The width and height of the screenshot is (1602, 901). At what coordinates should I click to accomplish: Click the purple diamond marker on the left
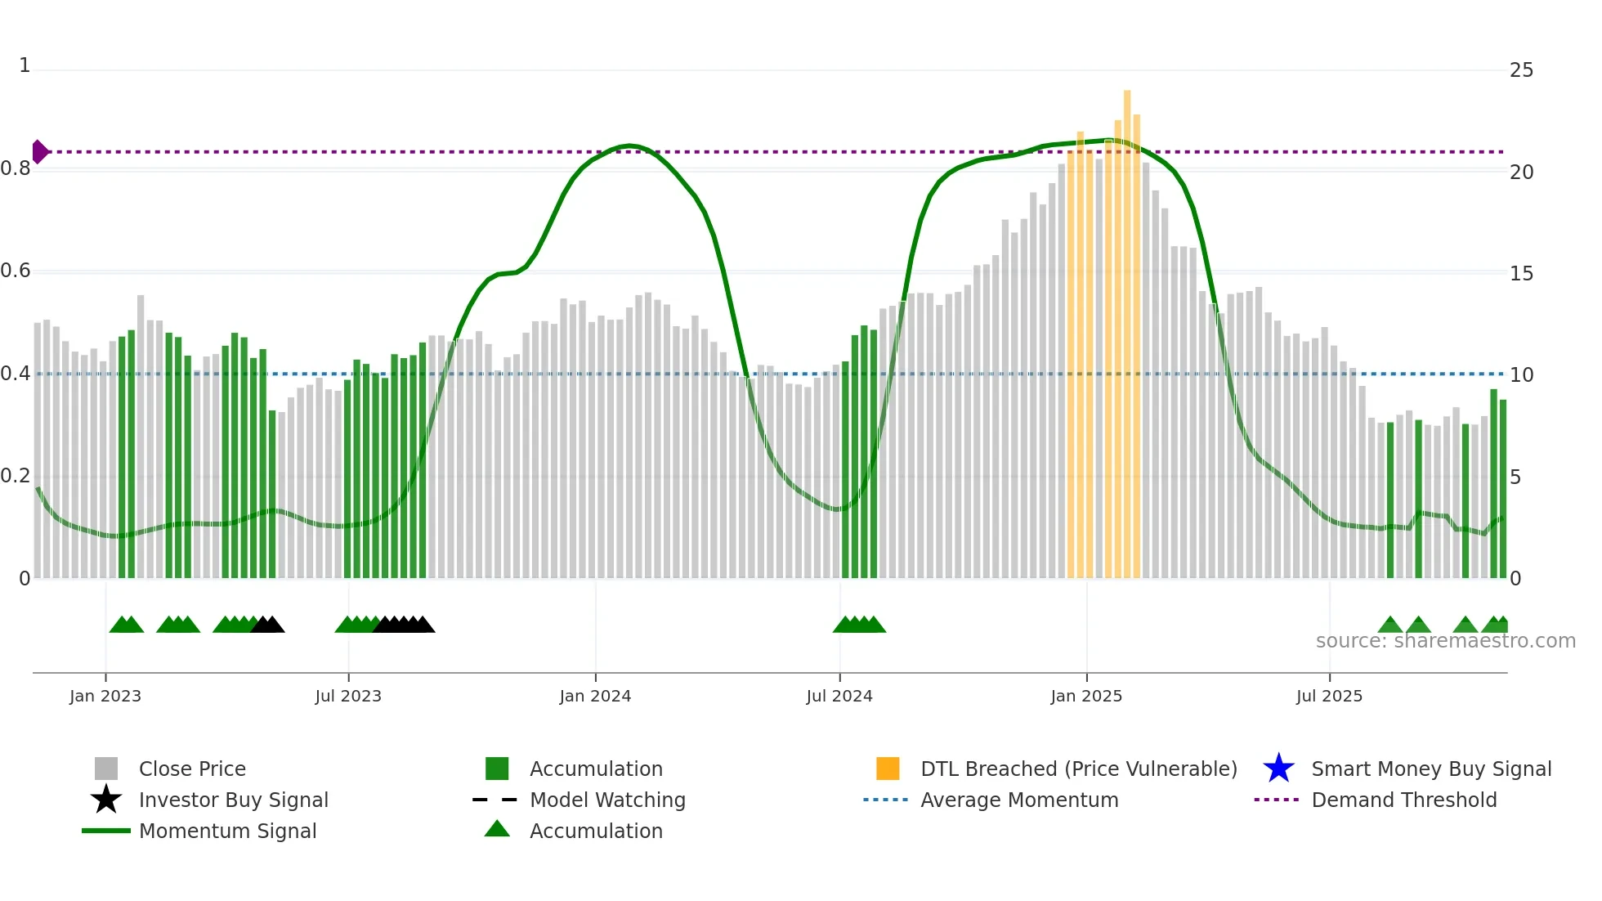point(39,152)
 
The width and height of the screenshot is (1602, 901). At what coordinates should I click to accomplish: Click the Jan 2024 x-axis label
point(595,697)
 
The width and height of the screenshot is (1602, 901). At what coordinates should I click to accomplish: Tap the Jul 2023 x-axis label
point(348,697)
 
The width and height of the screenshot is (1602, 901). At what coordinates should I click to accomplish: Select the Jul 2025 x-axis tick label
point(1329,697)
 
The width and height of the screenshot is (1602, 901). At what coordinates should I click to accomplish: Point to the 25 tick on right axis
point(1521,70)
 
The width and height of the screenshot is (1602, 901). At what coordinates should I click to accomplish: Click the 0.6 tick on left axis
point(16,271)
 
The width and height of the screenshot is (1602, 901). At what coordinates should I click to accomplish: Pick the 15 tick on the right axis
point(1521,274)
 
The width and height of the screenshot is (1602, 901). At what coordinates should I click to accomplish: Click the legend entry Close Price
point(192,769)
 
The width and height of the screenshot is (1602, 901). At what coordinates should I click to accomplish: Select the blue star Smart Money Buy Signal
point(1278,769)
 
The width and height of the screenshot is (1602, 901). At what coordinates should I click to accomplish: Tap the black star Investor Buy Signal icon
point(106,800)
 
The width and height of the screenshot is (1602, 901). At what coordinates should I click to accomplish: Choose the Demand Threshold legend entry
point(1403,800)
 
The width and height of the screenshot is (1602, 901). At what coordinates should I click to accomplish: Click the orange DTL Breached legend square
point(888,769)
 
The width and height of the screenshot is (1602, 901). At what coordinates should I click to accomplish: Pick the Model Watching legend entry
point(607,800)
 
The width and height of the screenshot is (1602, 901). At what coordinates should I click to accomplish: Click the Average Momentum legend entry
point(1019,800)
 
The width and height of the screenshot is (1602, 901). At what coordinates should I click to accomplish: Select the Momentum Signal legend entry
point(227,832)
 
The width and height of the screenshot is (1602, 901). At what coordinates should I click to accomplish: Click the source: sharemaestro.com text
point(1445,641)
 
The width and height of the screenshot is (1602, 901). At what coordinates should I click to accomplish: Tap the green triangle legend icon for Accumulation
point(497,829)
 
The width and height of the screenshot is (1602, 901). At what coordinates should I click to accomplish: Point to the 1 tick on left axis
point(25,65)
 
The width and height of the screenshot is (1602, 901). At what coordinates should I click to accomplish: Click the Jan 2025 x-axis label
point(1086,697)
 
